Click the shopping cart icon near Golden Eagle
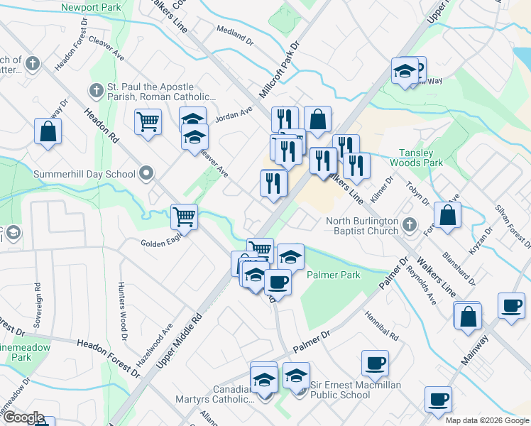(185, 217)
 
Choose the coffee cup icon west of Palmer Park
(277, 283)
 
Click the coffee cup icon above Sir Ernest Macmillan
(375, 364)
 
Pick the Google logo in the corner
(23, 418)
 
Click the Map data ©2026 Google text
(486, 420)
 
